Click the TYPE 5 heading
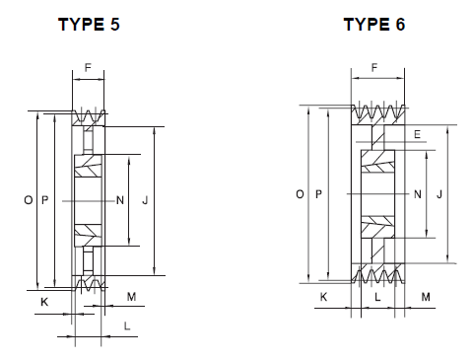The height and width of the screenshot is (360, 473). (x=89, y=25)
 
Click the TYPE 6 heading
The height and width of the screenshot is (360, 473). (x=374, y=25)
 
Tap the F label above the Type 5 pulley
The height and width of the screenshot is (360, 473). (x=88, y=67)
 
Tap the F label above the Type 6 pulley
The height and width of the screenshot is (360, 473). (x=374, y=67)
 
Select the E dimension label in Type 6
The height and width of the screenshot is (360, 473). (x=417, y=134)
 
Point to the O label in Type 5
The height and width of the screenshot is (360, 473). (x=29, y=200)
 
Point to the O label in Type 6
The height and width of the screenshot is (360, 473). (x=300, y=194)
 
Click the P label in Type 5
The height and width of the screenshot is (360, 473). (x=45, y=200)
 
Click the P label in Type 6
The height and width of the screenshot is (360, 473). (x=318, y=194)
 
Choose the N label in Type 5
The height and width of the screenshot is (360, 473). (x=120, y=200)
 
